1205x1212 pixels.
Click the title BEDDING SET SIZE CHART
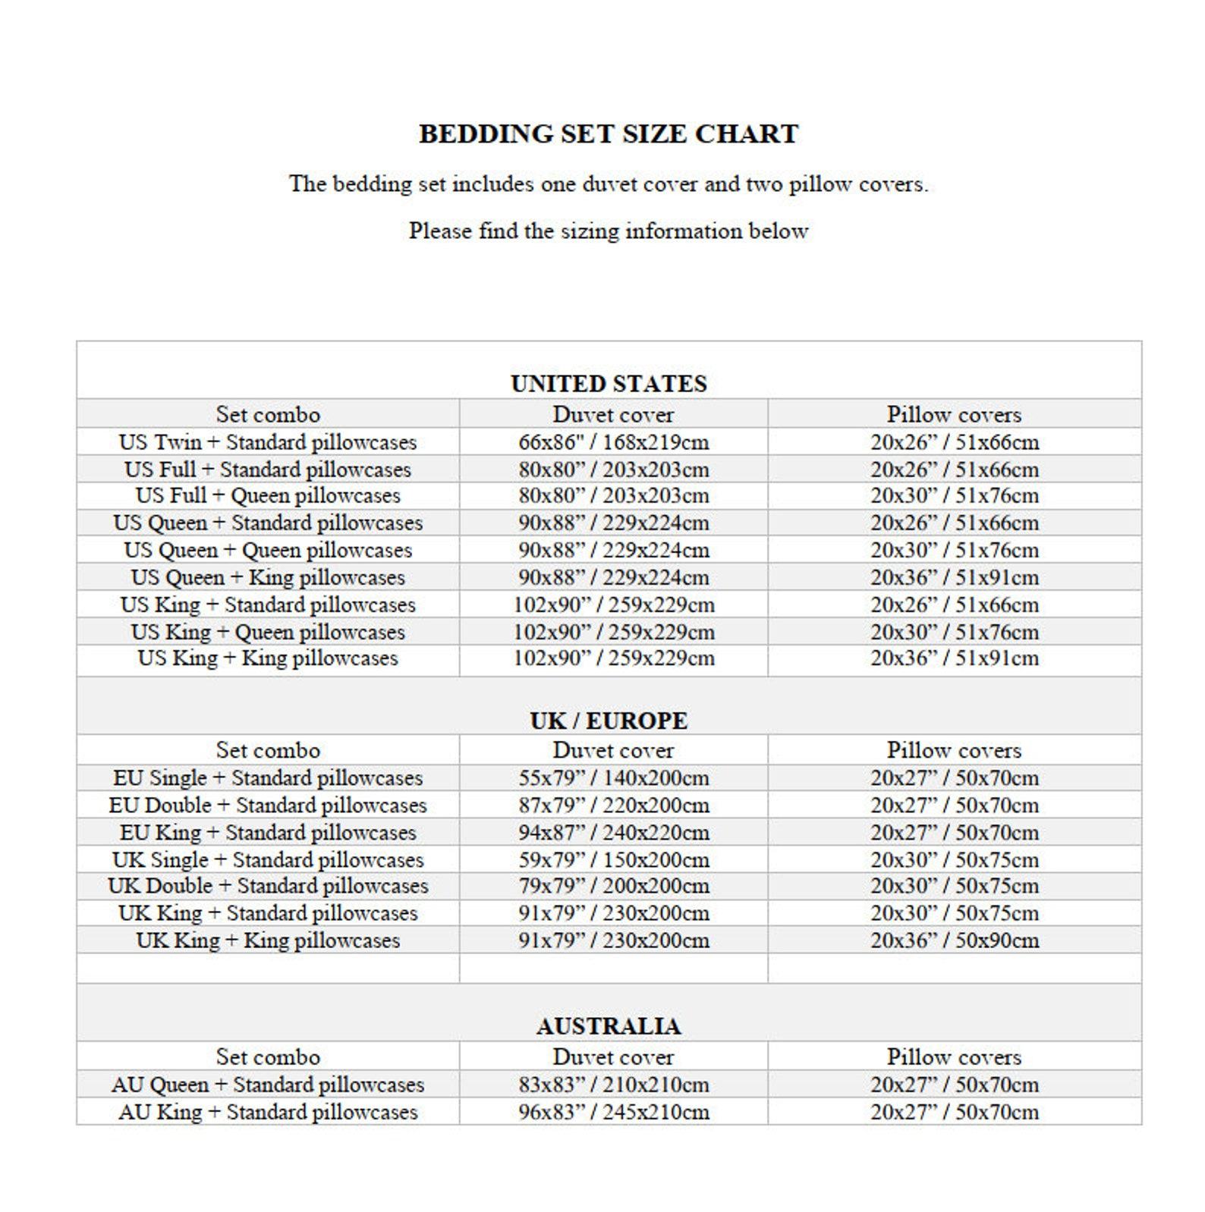tap(609, 133)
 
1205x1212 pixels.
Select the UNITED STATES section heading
tap(609, 384)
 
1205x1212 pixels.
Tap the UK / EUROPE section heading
tap(609, 721)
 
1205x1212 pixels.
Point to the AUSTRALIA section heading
tap(609, 1026)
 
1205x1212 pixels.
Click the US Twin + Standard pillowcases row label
tap(268, 442)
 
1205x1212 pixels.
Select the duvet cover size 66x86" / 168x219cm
tap(613, 442)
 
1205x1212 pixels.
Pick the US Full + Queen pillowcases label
tap(268, 496)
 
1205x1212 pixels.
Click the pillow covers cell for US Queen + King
tap(954, 578)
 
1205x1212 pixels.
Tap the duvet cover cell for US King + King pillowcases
tap(613, 658)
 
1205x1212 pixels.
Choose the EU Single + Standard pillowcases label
tap(268, 778)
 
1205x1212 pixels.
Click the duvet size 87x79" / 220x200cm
tap(613, 805)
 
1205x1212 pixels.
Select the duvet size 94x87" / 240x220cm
tap(613, 833)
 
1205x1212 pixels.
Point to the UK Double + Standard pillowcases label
tap(268, 886)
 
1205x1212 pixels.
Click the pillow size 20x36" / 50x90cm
tap(954, 940)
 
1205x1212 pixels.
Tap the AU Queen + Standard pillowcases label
tap(268, 1085)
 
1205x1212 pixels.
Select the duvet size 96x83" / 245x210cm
tap(613, 1113)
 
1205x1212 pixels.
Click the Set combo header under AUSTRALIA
tap(268, 1057)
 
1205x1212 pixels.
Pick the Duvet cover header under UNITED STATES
tap(613, 415)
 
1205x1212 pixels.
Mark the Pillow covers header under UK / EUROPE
tap(954, 751)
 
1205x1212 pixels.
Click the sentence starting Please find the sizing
tap(609, 231)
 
